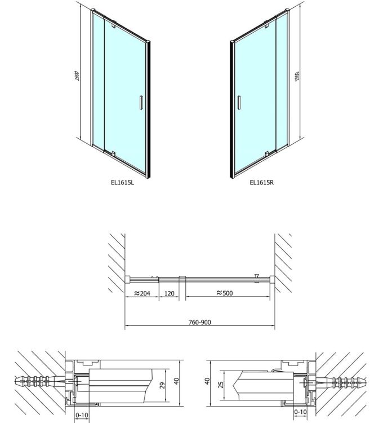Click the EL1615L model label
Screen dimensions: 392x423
[x=122, y=182]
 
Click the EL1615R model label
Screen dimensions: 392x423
[x=261, y=182]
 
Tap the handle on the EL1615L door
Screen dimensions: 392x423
[x=141, y=103]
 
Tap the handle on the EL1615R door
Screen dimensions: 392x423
[x=238, y=103]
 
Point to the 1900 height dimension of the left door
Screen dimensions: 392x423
[x=77, y=76]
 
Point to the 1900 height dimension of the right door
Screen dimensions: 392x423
[x=297, y=76]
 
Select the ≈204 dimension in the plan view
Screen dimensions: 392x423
[x=142, y=293]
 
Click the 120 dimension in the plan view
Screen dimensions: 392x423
[x=169, y=293]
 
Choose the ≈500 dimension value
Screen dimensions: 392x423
[x=225, y=293]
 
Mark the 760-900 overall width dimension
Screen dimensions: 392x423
[x=199, y=322]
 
